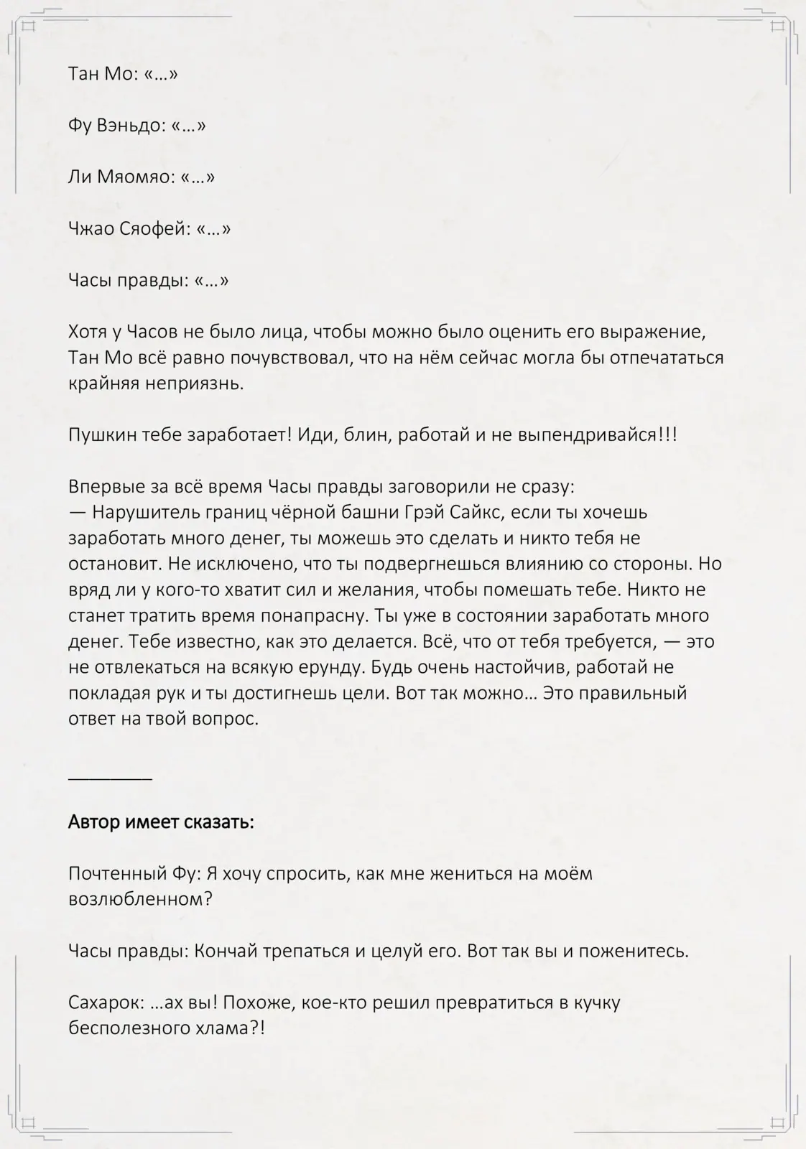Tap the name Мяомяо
tap(133, 177)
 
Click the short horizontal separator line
tap(110, 778)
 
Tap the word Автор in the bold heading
tap(93, 822)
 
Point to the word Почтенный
tap(117, 874)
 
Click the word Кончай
tap(228, 952)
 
